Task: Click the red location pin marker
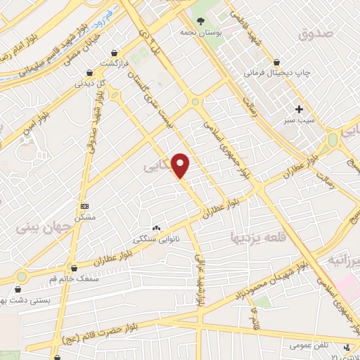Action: [181, 165]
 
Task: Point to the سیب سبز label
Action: [299, 120]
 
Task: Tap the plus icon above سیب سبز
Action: [299, 109]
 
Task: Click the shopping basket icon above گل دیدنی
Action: [89, 72]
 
